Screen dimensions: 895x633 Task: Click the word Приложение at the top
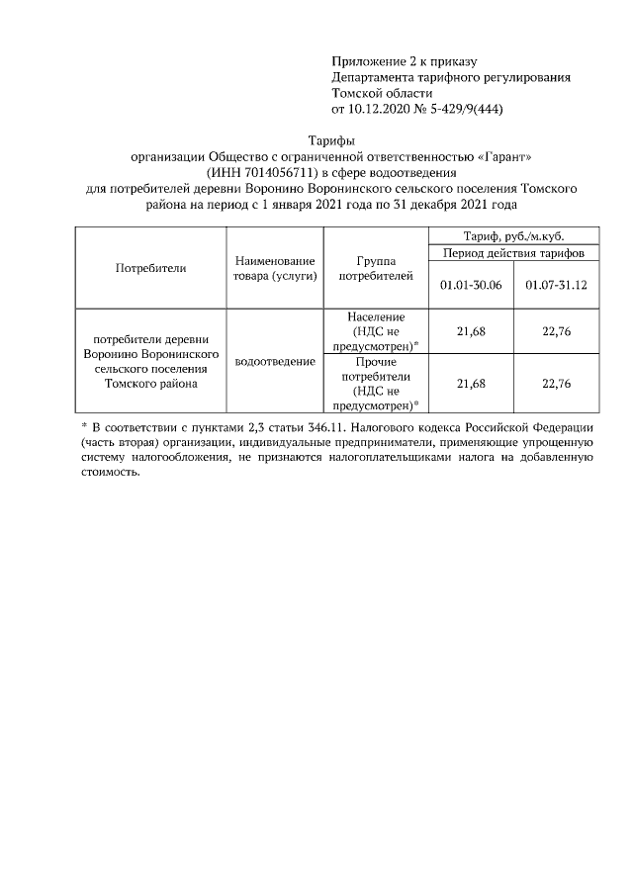click(x=365, y=61)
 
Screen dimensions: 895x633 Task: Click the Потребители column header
click(x=151, y=268)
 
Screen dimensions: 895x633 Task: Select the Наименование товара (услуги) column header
click(x=275, y=268)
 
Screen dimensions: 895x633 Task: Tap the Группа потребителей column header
click(x=375, y=268)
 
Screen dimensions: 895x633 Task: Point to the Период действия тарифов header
click(x=513, y=254)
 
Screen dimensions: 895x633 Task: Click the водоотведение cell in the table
click(x=275, y=361)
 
